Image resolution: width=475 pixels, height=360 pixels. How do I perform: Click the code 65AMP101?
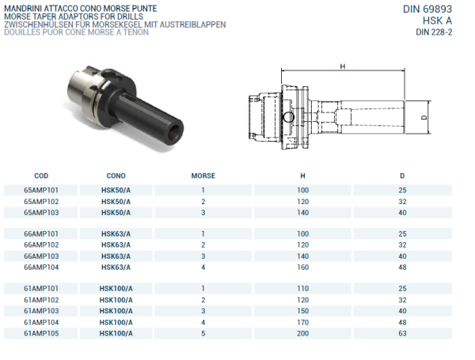point(41,191)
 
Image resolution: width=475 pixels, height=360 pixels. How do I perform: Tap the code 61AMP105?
point(41,334)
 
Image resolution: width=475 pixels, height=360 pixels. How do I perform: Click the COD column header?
point(41,176)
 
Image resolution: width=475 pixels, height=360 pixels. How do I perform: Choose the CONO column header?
point(116,176)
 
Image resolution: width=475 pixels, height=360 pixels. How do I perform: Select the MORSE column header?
point(203,176)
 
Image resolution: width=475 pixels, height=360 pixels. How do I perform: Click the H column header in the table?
point(302,176)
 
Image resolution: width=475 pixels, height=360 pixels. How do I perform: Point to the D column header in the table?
point(402,176)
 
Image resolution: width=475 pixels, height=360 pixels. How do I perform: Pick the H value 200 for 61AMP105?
point(302,334)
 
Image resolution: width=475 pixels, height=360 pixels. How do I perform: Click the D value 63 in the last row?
point(402,334)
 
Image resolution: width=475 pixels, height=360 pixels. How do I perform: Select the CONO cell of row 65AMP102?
point(116,202)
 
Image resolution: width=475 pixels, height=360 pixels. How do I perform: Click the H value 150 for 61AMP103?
point(302,312)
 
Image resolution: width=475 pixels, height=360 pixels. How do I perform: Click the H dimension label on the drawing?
point(342,67)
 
